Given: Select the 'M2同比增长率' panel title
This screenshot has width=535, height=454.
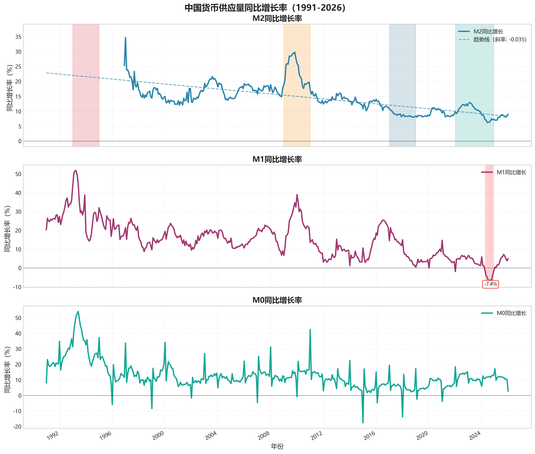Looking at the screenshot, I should [277, 18].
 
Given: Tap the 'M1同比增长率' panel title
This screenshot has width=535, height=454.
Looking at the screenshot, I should [277, 159].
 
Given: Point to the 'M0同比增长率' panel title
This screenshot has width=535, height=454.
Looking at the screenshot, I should [277, 300].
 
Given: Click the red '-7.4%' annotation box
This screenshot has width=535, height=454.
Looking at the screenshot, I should [490, 284].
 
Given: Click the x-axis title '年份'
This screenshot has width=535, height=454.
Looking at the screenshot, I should [277, 447].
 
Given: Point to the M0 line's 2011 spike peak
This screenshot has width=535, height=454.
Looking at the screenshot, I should [310, 329].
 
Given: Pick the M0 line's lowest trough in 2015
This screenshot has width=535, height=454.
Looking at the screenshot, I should [363, 423].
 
